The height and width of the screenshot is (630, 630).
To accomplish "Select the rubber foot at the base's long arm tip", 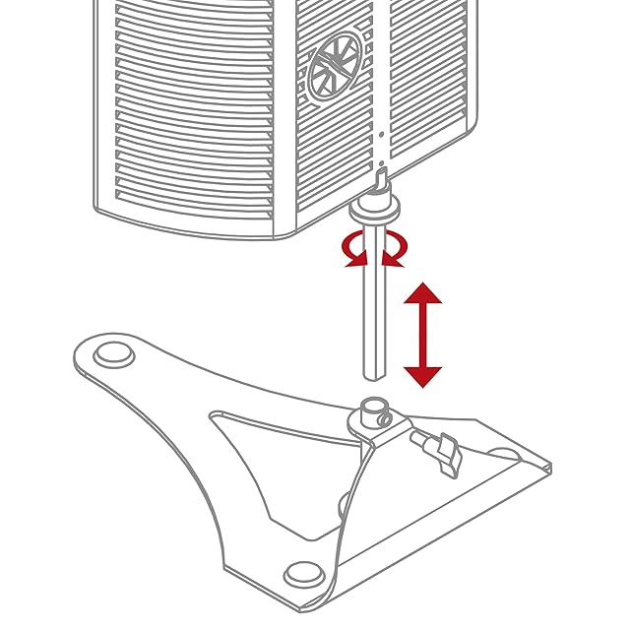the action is tap(113, 351).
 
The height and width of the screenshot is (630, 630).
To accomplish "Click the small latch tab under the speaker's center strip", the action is tap(382, 178).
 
